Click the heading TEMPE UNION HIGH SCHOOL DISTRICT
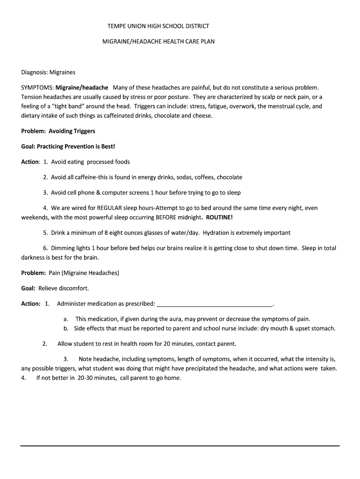click(158, 26)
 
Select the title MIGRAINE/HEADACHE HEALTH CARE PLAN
click(158, 42)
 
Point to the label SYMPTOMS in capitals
click(37, 87)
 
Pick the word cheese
click(202, 116)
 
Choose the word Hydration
click(217, 232)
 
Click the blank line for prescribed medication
click(215, 304)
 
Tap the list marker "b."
click(66, 328)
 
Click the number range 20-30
click(86, 378)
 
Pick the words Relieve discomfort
click(64, 288)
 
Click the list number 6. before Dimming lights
click(46, 248)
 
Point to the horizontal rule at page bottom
click(180, 446)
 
